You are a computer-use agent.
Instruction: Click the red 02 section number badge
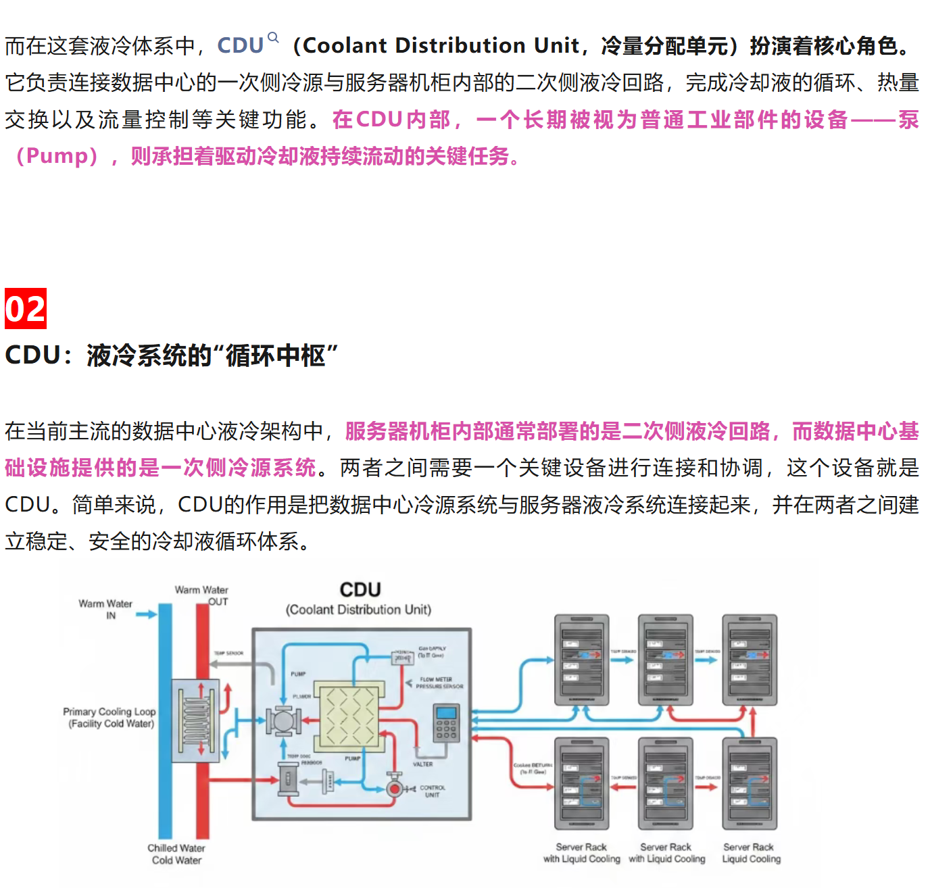pos(26,309)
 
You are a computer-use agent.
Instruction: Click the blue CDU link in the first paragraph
pos(240,45)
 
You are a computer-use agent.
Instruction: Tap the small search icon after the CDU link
pos(273,37)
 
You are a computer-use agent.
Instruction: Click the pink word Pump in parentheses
pos(57,156)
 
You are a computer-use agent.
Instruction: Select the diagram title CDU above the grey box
pos(360,589)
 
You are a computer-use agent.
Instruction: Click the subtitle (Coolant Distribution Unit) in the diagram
pos(358,610)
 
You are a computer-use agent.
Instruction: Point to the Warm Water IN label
pos(105,609)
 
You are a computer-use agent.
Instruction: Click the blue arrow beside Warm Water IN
pos(145,614)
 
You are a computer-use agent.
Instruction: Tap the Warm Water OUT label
pos(201,595)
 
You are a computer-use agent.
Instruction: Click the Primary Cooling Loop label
pos(109,717)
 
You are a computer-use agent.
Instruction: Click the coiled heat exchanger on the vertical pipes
pos(195,720)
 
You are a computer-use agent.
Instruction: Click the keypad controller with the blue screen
pos(446,722)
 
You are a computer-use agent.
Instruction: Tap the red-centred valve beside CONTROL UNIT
pos(394,788)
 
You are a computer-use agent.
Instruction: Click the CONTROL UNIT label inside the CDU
pos(433,791)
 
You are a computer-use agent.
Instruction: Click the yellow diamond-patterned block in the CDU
pos(346,716)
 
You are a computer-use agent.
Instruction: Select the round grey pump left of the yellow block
pos(283,721)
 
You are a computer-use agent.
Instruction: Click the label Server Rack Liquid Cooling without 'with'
pos(751,853)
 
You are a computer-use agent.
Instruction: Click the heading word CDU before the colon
pos(32,355)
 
